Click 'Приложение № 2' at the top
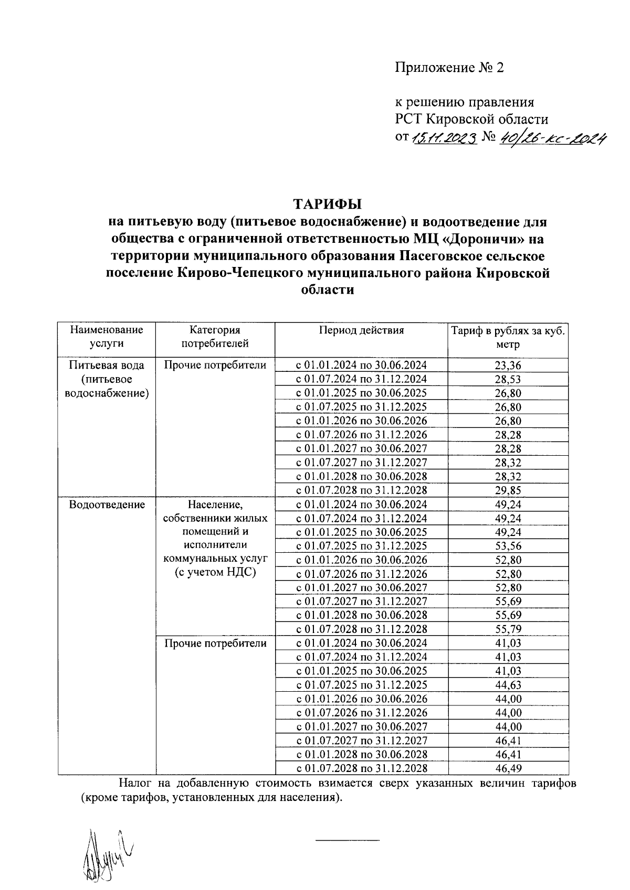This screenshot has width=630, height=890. [x=449, y=68]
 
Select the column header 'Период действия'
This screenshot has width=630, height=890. [x=361, y=330]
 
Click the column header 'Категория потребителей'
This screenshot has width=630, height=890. [x=215, y=337]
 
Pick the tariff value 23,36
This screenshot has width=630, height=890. [x=507, y=366]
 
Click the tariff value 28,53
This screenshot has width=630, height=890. [x=507, y=379]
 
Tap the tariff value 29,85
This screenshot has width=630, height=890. [x=507, y=490]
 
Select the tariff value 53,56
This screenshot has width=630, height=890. [x=507, y=546]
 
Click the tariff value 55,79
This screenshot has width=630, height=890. [x=507, y=629]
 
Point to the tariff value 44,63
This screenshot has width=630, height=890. [x=507, y=684]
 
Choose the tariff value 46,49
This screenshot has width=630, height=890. [x=507, y=768]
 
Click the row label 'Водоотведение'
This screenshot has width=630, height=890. [x=107, y=505]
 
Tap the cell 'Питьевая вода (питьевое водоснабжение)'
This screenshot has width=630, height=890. [x=107, y=379]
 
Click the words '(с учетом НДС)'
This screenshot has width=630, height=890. [x=215, y=573]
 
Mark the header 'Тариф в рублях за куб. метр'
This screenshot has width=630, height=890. [x=507, y=337]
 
